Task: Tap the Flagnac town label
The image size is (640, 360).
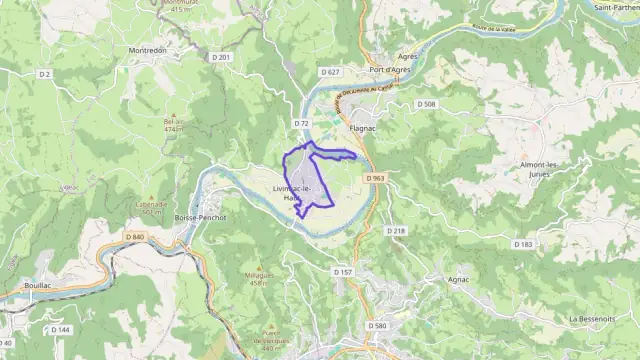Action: point(361,128)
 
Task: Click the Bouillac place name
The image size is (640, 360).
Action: point(39,285)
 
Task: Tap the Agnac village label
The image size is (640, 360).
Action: point(460,279)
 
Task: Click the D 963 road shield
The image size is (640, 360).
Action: point(375,178)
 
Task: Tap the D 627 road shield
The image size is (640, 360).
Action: point(331,72)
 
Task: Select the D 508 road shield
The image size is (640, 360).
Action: point(428,104)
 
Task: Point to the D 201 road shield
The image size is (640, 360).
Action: point(222,57)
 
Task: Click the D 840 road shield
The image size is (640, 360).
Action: point(136,236)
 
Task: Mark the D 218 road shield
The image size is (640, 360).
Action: point(397,231)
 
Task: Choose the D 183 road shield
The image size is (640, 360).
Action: point(523,244)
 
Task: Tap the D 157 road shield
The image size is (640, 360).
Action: point(342,271)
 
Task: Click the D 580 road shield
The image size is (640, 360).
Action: point(377,326)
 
